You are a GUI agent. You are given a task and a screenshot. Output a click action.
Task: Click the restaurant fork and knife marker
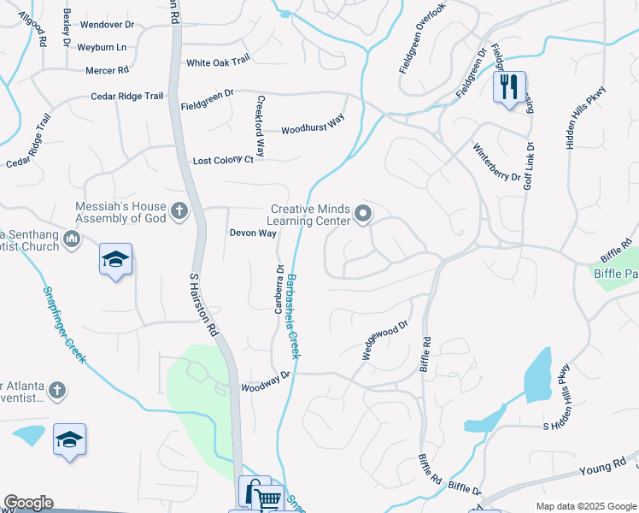507,86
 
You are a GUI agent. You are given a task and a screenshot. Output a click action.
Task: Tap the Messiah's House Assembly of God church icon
179,210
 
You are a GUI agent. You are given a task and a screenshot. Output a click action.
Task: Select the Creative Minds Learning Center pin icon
364,214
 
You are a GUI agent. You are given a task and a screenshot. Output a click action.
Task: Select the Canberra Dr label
278,289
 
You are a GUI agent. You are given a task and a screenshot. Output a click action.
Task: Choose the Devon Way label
253,233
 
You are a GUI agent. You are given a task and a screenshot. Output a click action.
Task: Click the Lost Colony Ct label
224,160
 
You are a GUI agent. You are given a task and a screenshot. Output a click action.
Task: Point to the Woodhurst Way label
313,124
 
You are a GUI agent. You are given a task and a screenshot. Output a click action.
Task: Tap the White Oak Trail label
218,62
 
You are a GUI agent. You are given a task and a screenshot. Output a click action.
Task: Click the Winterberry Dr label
497,162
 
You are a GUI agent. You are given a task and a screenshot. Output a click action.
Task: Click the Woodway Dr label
267,380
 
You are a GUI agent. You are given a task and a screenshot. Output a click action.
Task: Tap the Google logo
28,503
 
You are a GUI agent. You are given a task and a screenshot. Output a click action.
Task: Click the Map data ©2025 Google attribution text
585,506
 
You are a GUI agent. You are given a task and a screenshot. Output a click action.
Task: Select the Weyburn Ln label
101,47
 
